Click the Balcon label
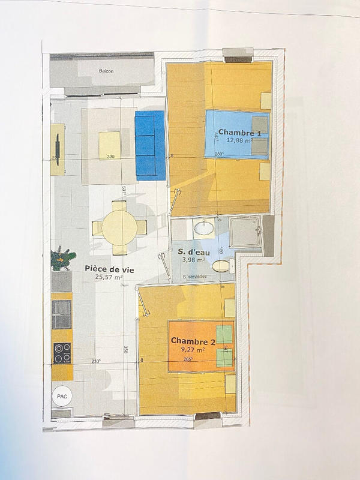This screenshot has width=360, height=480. point(106,71)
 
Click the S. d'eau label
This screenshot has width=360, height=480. point(191,251)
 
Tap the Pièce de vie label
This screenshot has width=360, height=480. point(109,269)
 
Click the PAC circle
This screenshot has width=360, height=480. point(61,396)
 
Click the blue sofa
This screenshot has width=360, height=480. point(149,145)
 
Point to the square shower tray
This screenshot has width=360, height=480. point(245,232)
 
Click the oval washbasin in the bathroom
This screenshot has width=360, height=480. point(203,228)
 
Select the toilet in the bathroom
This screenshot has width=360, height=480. point(222,265)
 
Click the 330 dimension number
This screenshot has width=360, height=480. point(110,157)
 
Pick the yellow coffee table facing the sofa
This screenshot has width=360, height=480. point(110,145)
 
